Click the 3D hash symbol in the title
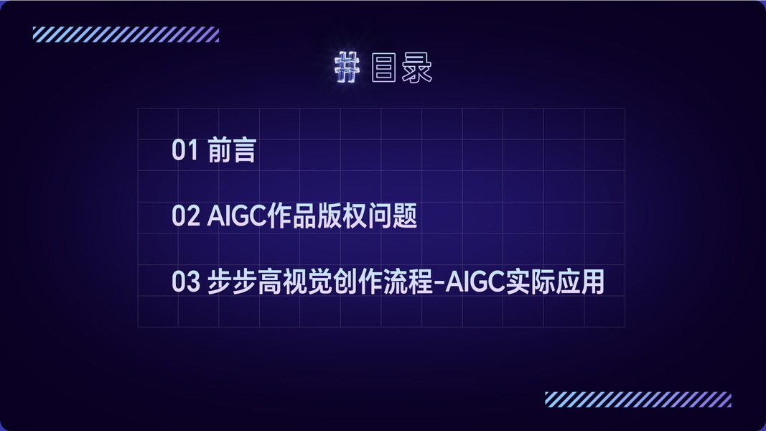[x=347, y=68]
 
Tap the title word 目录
[x=401, y=68]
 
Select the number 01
[x=185, y=150]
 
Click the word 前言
[x=232, y=150]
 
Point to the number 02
[x=186, y=216]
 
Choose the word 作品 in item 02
[x=291, y=216]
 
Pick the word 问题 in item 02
[x=392, y=216]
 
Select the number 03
[x=186, y=282]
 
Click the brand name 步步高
[x=245, y=282]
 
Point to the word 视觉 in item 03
[x=308, y=282]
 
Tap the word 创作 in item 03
[x=358, y=282]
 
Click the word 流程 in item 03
[x=408, y=282]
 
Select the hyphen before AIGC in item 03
[x=439, y=283]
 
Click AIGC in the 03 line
[x=475, y=282]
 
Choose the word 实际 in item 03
[x=530, y=282]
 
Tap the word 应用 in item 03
[x=580, y=282]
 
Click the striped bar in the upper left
[x=126, y=34]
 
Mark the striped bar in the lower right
[x=638, y=399]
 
